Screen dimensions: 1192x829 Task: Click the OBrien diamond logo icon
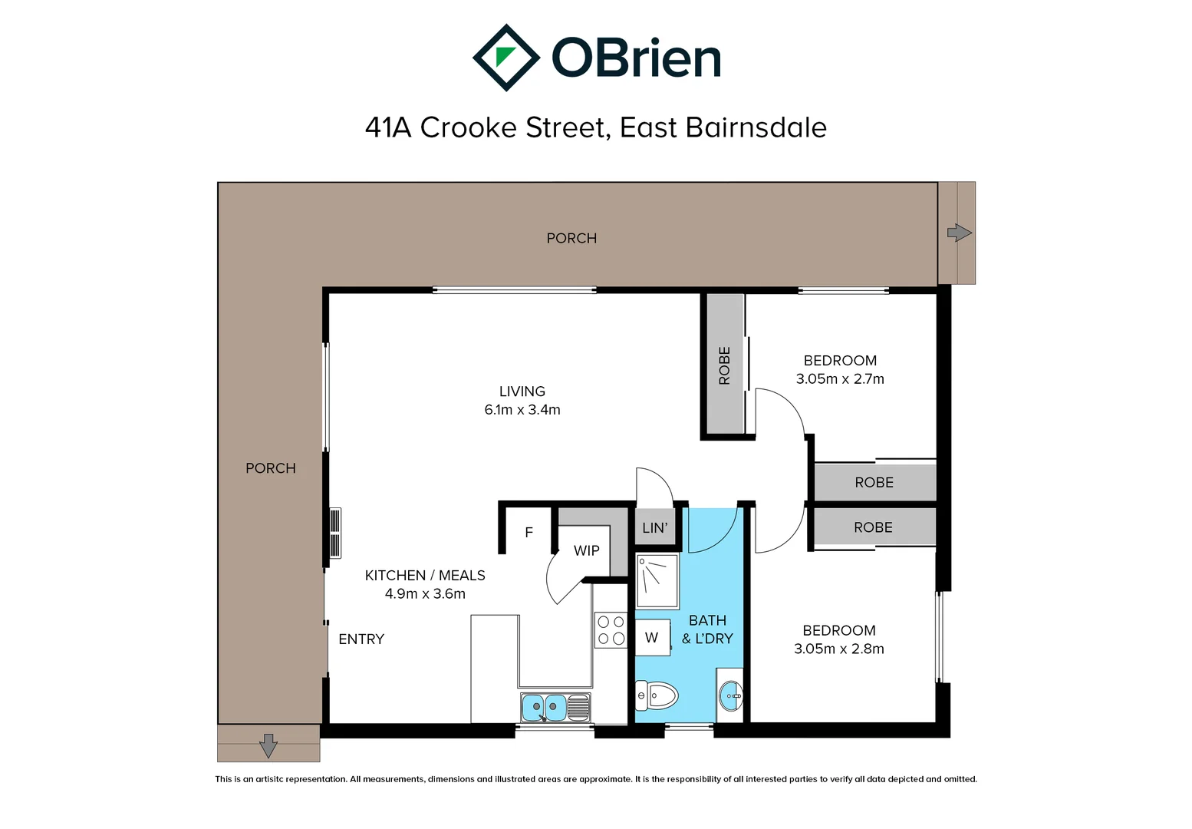coord(506,58)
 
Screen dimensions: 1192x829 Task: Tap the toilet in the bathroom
coord(656,695)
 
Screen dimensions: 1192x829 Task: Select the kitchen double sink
coord(555,707)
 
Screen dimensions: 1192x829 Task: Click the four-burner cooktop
coord(611,630)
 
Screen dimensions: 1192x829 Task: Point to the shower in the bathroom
coord(657,581)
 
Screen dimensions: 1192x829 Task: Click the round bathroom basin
coord(731,695)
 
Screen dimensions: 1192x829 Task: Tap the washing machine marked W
coord(653,637)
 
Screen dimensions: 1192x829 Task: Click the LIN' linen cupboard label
coord(654,527)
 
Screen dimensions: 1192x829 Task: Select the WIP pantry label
coord(587,550)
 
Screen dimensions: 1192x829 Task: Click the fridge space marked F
coord(528,533)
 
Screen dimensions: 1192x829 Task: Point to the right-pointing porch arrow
coord(960,233)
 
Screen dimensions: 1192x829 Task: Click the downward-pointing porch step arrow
coord(268,745)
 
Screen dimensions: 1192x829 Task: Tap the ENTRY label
coord(361,639)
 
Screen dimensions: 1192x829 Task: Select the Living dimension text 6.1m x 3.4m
coord(522,409)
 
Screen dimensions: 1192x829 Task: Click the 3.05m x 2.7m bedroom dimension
coord(840,378)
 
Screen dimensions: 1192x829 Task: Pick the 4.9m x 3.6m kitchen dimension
coord(425,593)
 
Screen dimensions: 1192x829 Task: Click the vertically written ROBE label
coord(724,365)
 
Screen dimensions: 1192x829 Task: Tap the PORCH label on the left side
coord(270,468)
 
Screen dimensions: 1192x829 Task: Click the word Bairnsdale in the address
coord(756,127)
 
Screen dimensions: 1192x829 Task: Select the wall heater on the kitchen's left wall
coord(335,533)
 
